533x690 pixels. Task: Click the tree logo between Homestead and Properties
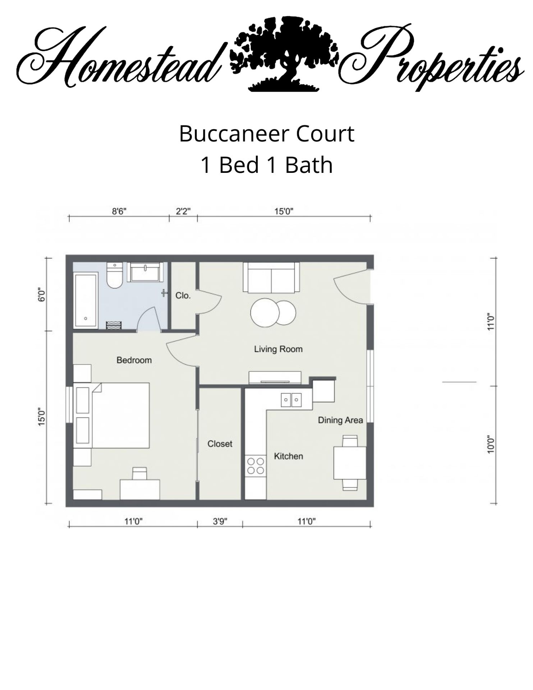point(284,54)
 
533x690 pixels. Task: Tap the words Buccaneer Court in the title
point(267,134)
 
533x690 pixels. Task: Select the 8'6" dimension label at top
point(119,211)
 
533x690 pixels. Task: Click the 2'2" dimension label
point(183,211)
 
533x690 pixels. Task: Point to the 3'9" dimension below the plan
point(220,521)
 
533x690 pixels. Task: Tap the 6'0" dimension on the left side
point(42,294)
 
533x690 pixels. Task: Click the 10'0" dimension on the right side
point(491,445)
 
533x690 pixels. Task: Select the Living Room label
point(278,349)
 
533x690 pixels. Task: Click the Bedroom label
point(134,360)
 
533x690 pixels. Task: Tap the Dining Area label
point(340,420)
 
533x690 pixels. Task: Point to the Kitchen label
point(288,456)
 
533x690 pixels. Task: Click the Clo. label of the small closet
point(183,295)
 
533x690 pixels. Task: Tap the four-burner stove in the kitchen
point(256,466)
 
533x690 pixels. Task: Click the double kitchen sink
point(291,399)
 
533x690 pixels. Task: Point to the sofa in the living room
point(271,277)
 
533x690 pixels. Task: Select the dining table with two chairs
point(350,463)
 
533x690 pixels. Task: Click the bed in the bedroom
point(120,415)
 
